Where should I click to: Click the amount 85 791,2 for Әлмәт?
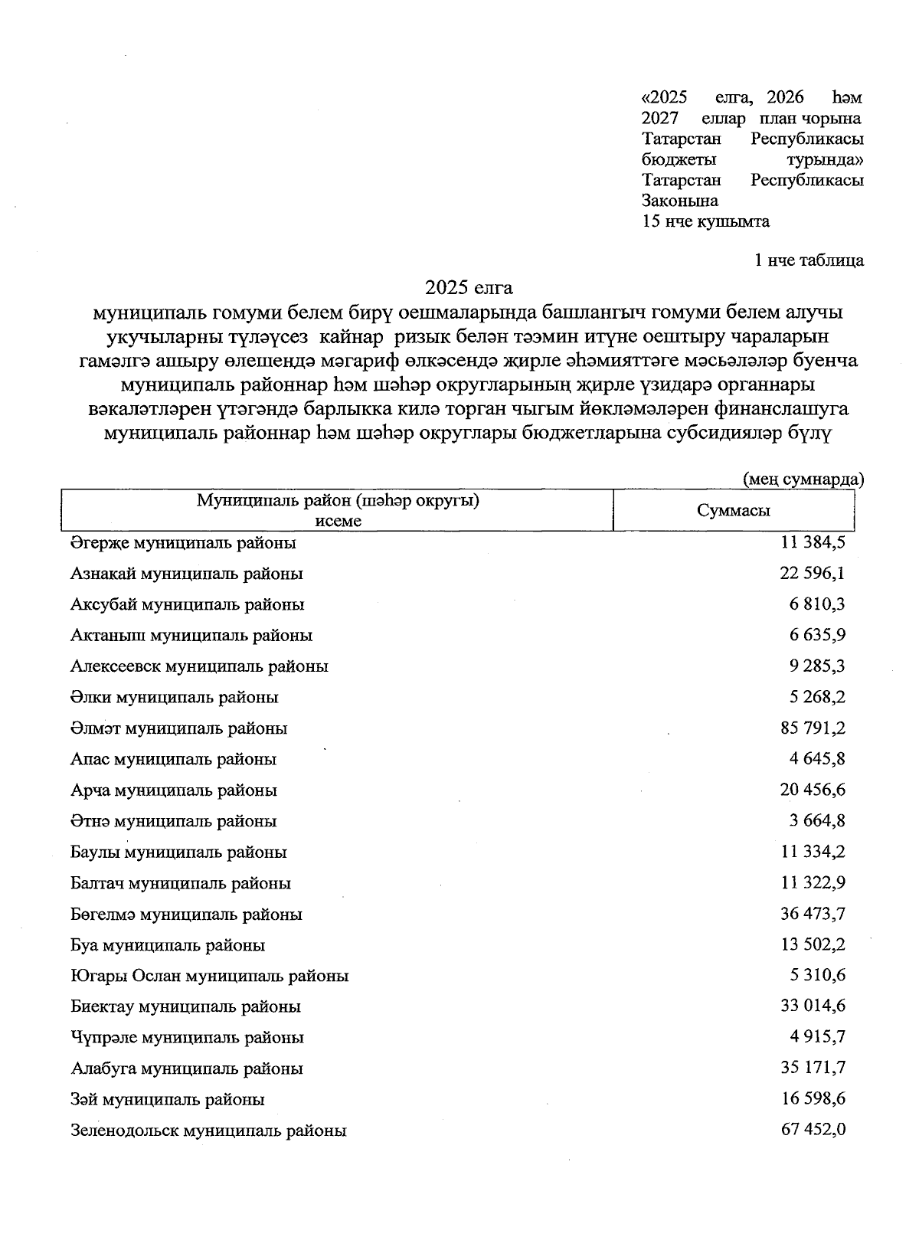point(813,728)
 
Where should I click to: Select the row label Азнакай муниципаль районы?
point(187,573)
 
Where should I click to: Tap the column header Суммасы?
point(733,511)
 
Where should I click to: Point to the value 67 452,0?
point(813,1130)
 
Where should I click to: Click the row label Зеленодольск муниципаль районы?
point(208,1131)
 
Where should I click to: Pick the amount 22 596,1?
point(813,573)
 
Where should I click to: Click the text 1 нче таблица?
point(809,260)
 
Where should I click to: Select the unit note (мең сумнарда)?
point(803,479)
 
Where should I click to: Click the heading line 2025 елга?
point(469,288)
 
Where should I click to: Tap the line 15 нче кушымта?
point(705,221)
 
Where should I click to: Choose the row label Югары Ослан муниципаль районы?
point(210,976)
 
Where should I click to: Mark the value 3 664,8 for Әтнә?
point(817,820)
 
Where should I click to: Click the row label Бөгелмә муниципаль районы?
point(186,914)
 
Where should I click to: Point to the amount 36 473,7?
point(813,913)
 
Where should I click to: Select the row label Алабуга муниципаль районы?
point(186,1068)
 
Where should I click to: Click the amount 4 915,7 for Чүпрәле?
point(817,1037)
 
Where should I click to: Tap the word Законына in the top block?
point(679,201)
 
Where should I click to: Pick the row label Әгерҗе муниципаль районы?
point(183,542)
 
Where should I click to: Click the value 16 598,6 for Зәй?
point(813,1098)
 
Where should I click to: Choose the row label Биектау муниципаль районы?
point(185,1006)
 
